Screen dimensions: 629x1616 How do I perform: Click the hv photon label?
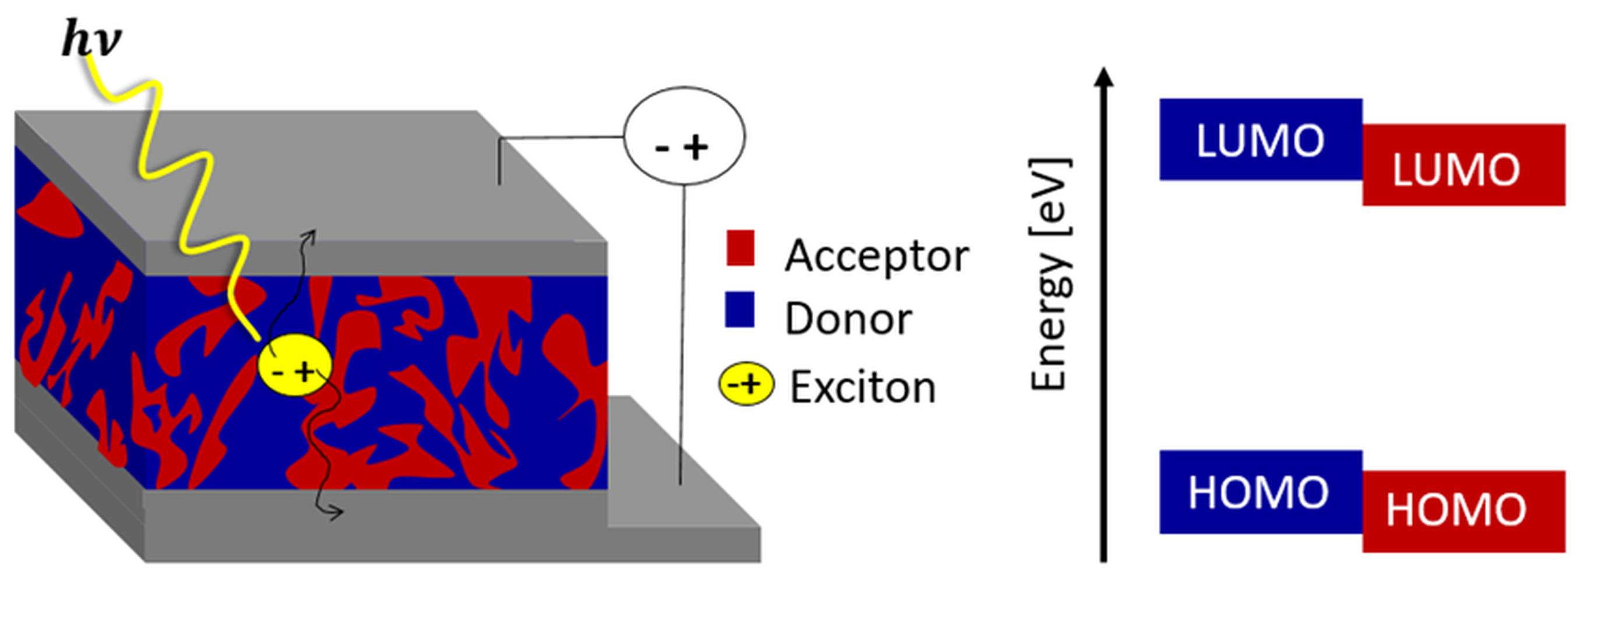click(x=91, y=39)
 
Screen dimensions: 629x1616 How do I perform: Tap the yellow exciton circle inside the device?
click(x=294, y=366)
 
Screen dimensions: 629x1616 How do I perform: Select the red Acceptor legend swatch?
click(x=740, y=249)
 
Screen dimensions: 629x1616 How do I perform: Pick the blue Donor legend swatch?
click(x=740, y=310)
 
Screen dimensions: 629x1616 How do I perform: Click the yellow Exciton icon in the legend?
click(x=746, y=384)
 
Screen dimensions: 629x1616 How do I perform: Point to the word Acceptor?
click(x=876, y=256)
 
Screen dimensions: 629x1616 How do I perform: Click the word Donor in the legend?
click(x=848, y=319)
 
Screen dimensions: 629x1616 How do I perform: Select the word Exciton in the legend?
click(x=863, y=387)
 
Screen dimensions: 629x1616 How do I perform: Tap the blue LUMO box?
click(x=1260, y=139)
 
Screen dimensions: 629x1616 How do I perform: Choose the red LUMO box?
click(x=1463, y=165)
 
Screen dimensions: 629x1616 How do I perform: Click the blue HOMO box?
click(x=1260, y=492)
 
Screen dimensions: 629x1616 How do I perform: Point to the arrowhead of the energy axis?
click(x=1103, y=76)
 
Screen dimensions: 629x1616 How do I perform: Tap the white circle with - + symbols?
click(x=684, y=136)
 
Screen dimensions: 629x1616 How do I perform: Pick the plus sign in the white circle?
click(x=696, y=147)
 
